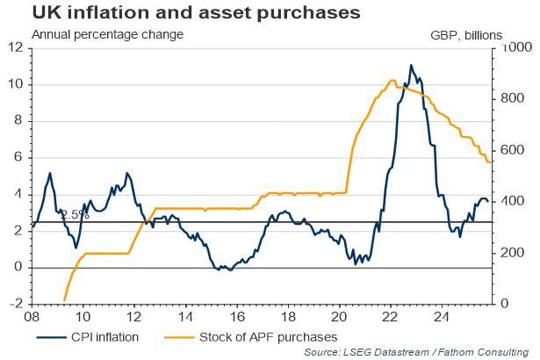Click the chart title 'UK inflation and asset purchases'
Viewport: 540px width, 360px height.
[174, 13]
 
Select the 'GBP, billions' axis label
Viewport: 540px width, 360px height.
[466, 35]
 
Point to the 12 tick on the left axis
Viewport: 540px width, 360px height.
[16, 48]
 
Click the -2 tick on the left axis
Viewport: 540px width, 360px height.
[16, 304]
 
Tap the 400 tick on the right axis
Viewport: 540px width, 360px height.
[513, 201]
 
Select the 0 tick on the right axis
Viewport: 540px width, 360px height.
[505, 304]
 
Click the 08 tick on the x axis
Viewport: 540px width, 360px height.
[32, 316]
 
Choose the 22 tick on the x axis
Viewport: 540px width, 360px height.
[390, 316]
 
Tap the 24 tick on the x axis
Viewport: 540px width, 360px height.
[442, 316]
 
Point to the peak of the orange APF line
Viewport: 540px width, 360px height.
[391, 81]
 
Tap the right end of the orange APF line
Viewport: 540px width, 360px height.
[491, 162]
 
